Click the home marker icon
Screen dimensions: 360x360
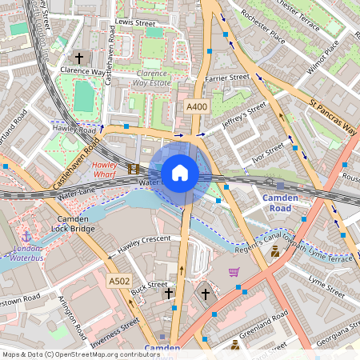tap(180, 173)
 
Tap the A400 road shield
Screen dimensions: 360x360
tap(197, 107)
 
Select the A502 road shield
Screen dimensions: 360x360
tap(119, 281)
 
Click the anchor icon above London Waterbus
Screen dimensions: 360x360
tap(26, 237)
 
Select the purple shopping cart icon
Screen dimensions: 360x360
tap(234, 272)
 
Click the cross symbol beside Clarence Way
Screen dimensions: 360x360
tap(78, 58)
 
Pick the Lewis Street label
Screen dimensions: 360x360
tap(134, 24)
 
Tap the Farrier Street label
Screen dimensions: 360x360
tap(227, 78)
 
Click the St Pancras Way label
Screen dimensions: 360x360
tap(332, 116)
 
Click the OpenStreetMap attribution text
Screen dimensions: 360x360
tap(81, 354)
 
